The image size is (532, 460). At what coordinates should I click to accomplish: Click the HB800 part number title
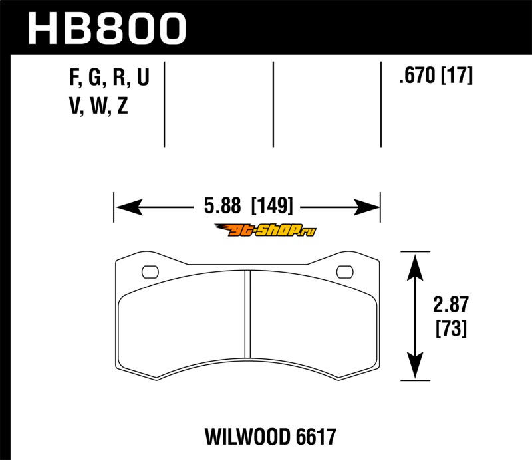pyautogui.click(x=107, y=29)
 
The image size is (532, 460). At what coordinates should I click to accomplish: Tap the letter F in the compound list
pyautogui.click(x=74, y=77)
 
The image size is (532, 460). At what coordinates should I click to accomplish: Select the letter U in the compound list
pyautogui.click(x=143, y=76)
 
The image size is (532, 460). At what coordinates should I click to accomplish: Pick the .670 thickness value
pyautogui.click(x=417, y=75)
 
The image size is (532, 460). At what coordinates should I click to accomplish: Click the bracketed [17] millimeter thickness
pyautogui.click(x=456, y=75)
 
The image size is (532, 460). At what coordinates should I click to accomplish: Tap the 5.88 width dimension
pyautogui.click(x=222, y=205)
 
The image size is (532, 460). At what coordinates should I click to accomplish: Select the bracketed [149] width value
pyautogui.click(x=271, y=205)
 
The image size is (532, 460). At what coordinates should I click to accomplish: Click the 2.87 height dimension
pyautogui.click(x=451, y=304)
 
